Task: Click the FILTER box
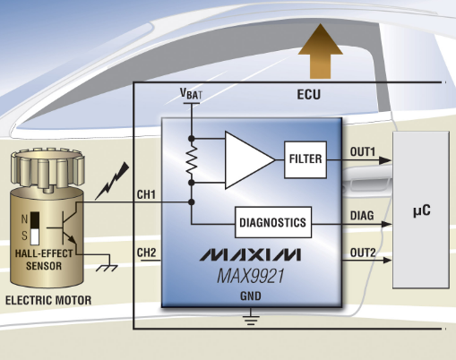(305, 159)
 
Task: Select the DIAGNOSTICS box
(273, 222)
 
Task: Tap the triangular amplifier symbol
(250, 160)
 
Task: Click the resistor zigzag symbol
(192, 160)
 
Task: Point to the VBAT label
(191, 94)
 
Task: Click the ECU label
(309, 94)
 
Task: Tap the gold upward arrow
(321, 51)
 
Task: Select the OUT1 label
(362, 152)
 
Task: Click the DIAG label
(362, 216)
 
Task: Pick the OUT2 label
(363, 253)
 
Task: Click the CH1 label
(146, 194)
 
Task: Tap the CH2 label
(146, 253)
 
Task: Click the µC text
(422, 210)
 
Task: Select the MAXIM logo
(250, 254)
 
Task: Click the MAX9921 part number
(250, 276)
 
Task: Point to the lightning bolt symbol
(112, 181)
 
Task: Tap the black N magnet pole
(35, 220)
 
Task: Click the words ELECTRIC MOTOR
(48, 300)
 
